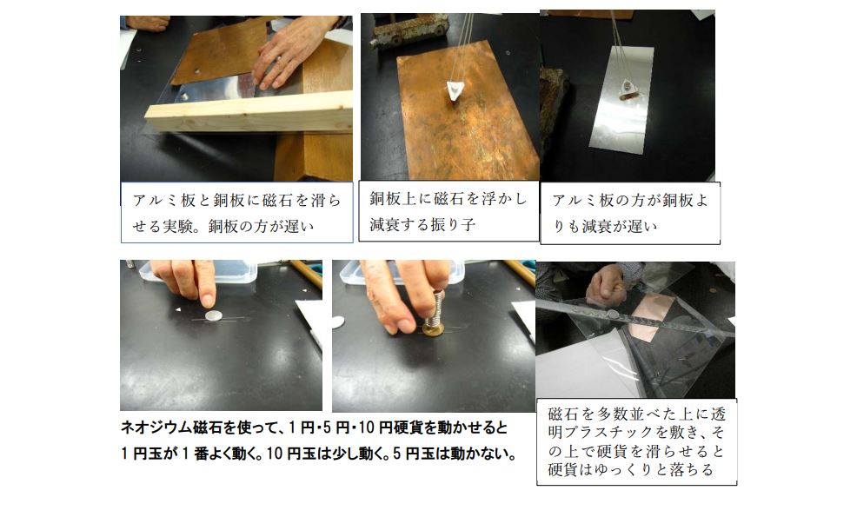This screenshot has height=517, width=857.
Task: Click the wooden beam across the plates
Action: pos(249,111)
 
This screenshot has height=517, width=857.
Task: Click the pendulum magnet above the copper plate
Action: pos(455,89)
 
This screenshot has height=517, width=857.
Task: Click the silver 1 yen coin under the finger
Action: pos(213,315)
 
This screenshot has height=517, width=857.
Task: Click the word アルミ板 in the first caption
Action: pos(164,201)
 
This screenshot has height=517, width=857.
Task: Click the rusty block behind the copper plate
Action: pos(410,30)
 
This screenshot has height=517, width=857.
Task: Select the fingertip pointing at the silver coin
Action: pos(207,300)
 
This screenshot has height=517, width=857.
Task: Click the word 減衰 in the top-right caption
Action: pos(597,226)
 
